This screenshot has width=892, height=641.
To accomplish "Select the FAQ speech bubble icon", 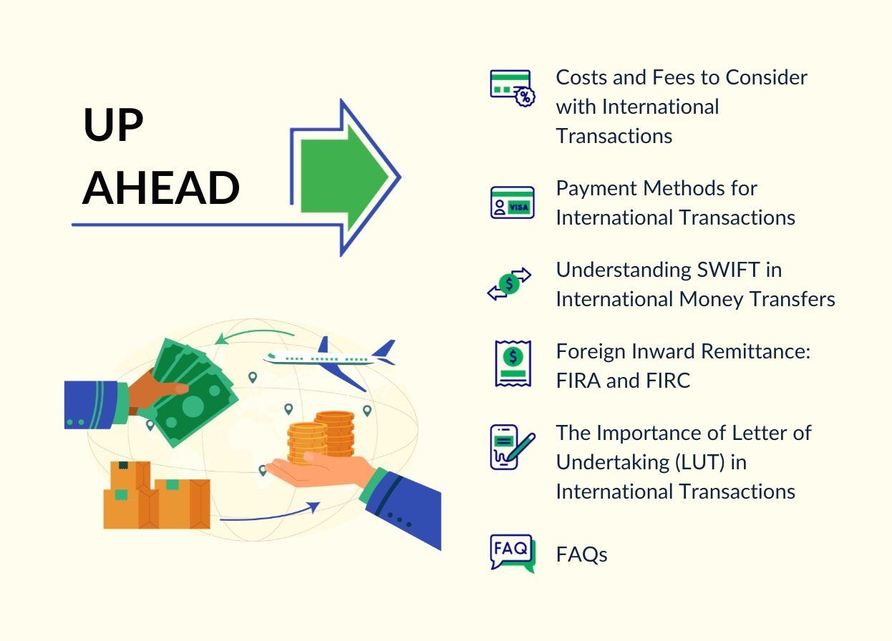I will [512, 553].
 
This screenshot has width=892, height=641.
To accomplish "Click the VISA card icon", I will [512, 202].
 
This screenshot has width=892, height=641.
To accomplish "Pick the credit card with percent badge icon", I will [512, 88].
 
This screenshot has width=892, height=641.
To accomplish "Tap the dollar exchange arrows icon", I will [509, 283].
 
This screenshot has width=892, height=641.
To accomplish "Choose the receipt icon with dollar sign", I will [513, 363].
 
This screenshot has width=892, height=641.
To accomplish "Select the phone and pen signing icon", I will [512, 446].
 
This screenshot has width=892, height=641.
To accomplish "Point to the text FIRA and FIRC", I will [623, 381].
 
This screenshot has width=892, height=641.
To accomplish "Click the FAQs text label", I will [581, 554].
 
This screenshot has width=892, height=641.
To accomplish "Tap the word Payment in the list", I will [597, 188].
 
